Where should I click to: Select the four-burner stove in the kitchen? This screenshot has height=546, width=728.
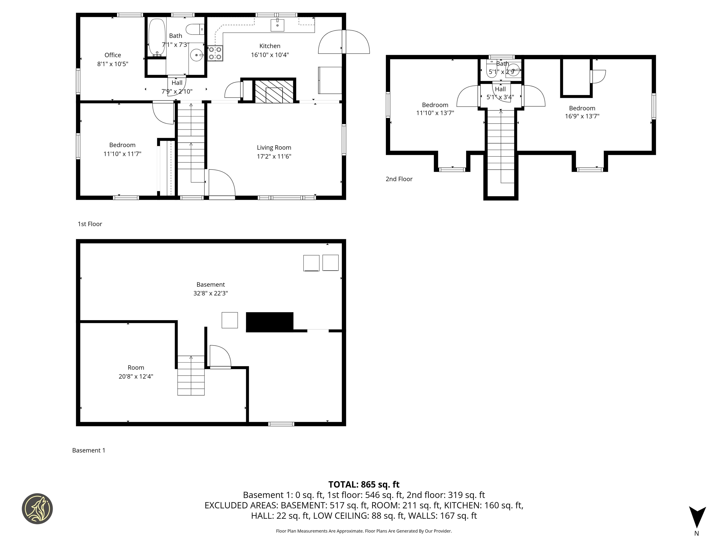tap(215, 53)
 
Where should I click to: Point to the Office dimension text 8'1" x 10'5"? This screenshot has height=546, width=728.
tap(113, 64)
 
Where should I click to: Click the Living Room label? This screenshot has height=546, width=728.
tap(274, 147)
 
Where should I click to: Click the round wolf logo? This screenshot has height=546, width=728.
tap(37, 509)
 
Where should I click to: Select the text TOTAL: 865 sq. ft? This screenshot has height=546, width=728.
tap(364, 484)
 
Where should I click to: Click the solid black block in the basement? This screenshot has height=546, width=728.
tap(269, 322)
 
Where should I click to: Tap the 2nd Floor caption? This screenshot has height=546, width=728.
tap(399, 179)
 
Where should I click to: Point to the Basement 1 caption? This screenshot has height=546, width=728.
tap(89, 450)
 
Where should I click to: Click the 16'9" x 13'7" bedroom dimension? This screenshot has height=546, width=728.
tap(582, 116)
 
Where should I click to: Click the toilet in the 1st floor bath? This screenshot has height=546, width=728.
tap(195, 29)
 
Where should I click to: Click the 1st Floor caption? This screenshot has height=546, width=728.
tap(90, 224)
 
